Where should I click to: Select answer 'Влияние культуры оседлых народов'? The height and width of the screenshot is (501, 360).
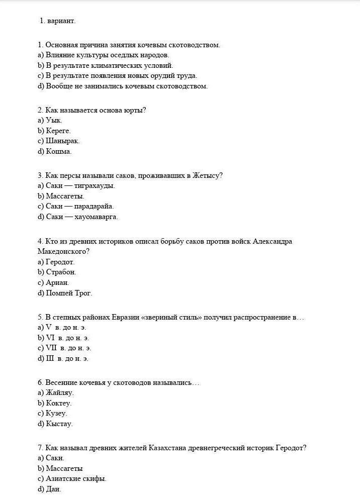[107, 55]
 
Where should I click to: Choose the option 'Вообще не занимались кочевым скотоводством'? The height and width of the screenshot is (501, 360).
[126, 86]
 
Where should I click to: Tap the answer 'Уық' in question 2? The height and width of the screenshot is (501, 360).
[54, 121]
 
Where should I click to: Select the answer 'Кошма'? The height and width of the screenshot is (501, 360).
[58, 151]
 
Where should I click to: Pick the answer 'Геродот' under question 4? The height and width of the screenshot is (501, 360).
[60, 262]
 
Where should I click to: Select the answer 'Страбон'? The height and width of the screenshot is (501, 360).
[61, 272]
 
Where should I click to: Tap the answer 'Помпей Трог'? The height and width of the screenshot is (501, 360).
[69, 293]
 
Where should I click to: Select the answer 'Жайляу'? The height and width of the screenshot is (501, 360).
[59, 392]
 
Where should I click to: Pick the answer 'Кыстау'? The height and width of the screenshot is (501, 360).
[59, 424]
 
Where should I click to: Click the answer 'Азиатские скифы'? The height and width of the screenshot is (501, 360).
[76, 478]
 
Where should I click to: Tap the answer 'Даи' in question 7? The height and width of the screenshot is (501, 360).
[53, 489]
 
